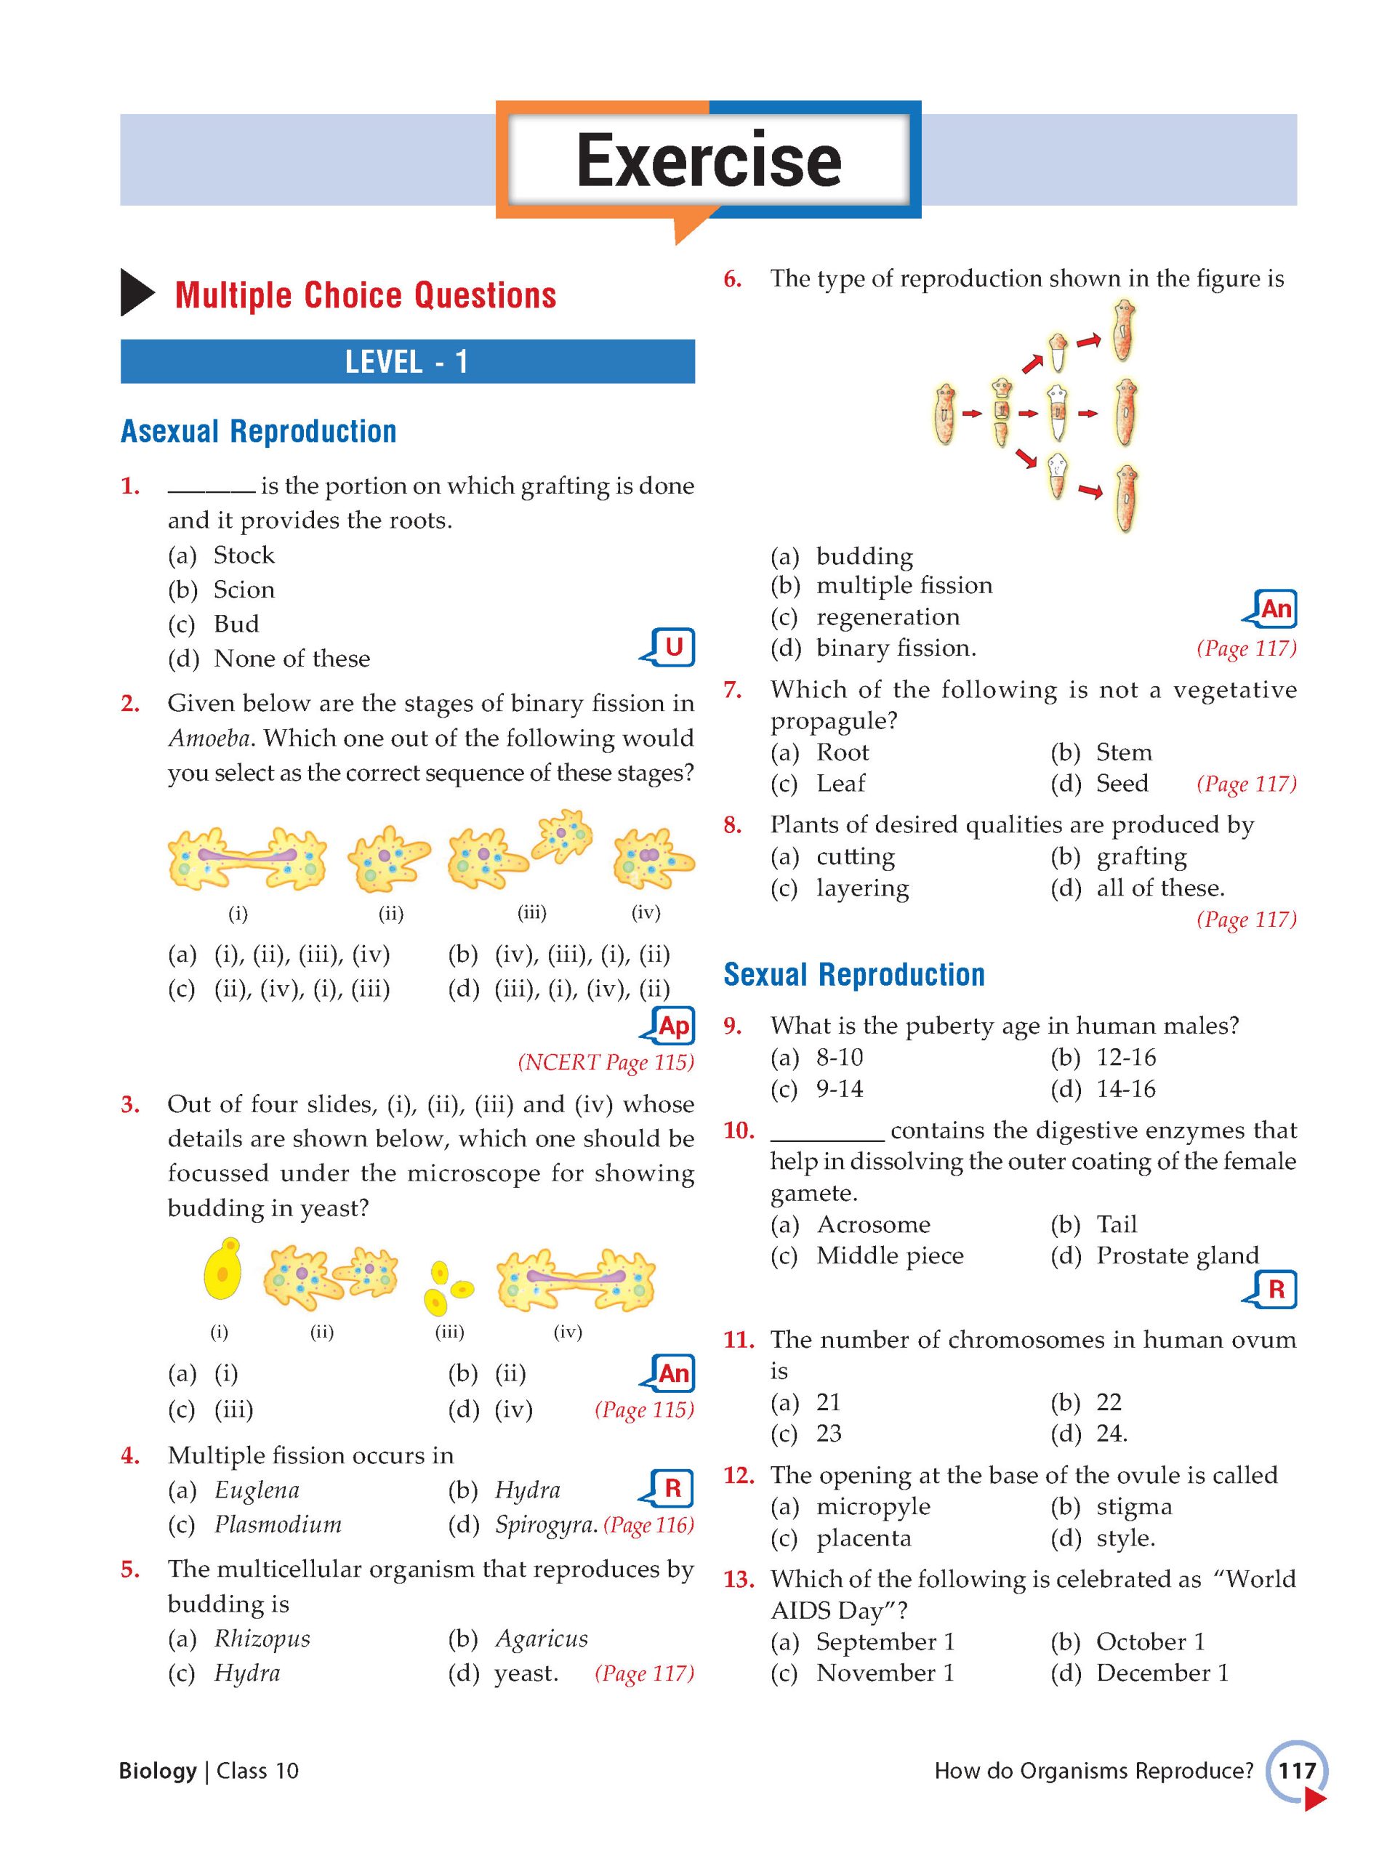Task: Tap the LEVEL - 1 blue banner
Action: click(x=406, y=362)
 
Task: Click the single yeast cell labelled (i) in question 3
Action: click(x=223, y=1269)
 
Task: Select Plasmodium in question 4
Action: click(x=278, y=1524)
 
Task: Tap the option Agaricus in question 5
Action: click(x=541, y=1638)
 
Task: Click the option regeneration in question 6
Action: click(x=887, y=616)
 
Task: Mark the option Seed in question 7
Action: click(x=1122, y=783)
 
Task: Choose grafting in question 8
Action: click(x=1141, y=856)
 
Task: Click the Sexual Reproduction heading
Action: click(x=853, y=974)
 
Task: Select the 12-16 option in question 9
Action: click(x=1126, y=1057)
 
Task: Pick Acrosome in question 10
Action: click(x=872, y=1224)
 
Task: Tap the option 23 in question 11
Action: click(x=828, y=1433)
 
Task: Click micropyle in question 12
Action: click(x=872, y=1506)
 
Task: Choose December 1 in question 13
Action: click(x=1161, y=1673)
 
